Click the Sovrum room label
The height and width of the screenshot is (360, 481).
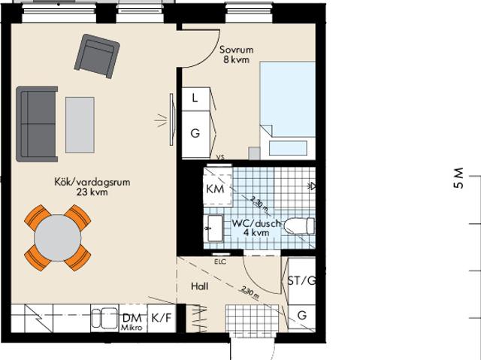click(x=237, y=51)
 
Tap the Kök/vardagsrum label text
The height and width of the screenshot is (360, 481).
click(x=83, y=181)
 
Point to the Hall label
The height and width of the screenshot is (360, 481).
click(x=199, y=286)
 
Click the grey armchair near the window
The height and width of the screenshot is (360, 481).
click(x=98, y=58)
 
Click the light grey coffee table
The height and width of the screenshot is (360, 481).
click(x=80, y=124)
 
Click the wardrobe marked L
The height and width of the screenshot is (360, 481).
click(x=195, y=98)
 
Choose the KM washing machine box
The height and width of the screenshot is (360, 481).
click(x=216, y=189)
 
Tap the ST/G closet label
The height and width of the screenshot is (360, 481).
click(x=302, y=281)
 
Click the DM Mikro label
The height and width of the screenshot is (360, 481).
click(x=132, y=322)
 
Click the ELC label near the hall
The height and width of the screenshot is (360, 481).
click(x=220, y=262)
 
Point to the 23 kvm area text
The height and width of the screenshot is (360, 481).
click(x=83, y=192)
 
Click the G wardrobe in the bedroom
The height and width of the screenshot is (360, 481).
click(x=195, y=134)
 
